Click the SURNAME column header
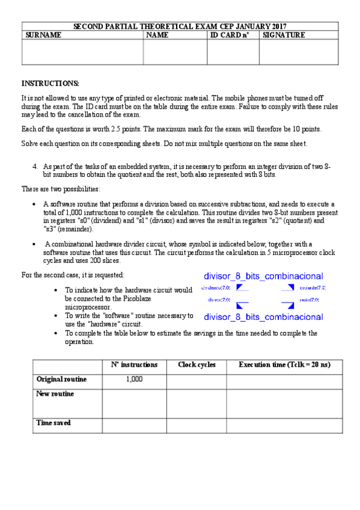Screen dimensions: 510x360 pos(43,35)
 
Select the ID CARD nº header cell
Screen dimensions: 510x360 pos(229,35)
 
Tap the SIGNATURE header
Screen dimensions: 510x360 pos(284,35)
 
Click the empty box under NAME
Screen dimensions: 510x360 pos(175,52)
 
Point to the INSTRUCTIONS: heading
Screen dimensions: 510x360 pos(50,83)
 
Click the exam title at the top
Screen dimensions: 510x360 pos(180,26)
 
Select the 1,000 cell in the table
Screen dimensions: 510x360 pos(134,379)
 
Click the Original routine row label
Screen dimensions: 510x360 pos(61,379)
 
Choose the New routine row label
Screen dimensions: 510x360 pos(55,394)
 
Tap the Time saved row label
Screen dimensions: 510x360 pos(53,423)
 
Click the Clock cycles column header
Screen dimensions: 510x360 pos(197,365)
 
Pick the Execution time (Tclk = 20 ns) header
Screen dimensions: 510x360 pos(284,365)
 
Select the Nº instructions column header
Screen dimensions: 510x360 pos(134,365)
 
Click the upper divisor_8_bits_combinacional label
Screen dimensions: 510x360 pos(263,276)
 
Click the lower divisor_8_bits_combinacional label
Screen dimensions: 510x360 pos(263,316)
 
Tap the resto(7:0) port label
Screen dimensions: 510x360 pos(309,299)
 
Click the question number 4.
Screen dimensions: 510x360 pos(35,166)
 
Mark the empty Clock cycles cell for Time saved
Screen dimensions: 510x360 pos(197,425)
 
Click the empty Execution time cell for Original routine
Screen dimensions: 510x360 pos(284,381)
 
